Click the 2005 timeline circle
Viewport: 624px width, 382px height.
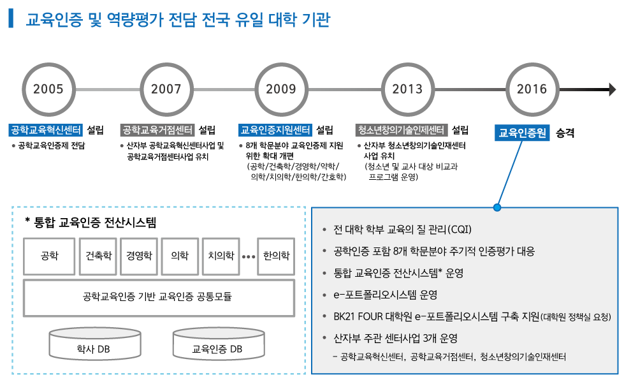click(48, 89)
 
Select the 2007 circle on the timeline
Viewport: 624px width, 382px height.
click(166, 89)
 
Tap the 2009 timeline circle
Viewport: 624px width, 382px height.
click(281, 89)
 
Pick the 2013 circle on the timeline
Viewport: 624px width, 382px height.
click(408, 89)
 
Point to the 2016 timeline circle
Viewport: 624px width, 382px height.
click(532, 89)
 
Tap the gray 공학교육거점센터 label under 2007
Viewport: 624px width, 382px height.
click(157, 130)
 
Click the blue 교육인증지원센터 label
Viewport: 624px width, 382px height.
click(275, 130)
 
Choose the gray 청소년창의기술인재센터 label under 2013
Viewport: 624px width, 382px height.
click(402, 130)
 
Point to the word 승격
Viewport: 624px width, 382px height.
click(565, 133)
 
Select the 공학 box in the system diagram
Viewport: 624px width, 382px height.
click(49, 256)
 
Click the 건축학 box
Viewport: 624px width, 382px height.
click(99, 256)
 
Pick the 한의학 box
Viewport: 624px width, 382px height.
click(276, 256)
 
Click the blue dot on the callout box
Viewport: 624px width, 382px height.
click(497, 207)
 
